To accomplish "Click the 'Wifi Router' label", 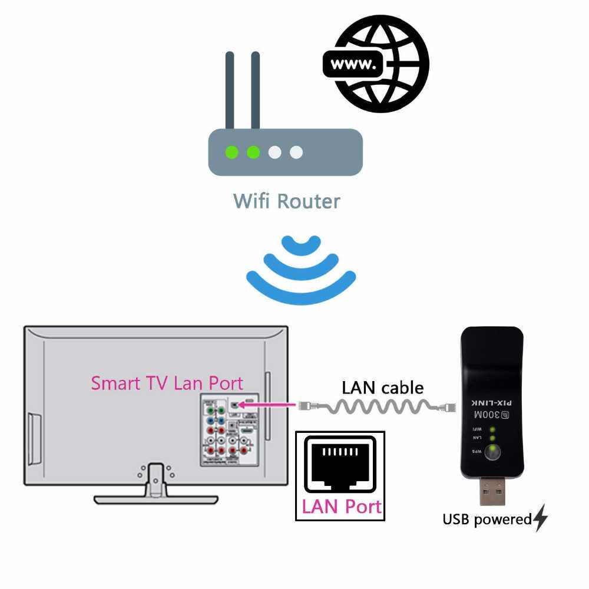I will click(286, 201).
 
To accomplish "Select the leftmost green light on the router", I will click(232, 153).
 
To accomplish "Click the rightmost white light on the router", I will click(296, 153).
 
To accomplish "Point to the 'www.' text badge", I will click(353, 64).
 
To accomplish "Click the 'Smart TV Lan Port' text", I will click(167, 383).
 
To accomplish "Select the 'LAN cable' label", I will click(383, 388).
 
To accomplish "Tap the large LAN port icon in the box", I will click(340, 465).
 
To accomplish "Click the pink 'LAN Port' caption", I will click(341, 507).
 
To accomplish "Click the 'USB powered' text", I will click(487, 519).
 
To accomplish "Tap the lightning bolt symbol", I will click(541, 518).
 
